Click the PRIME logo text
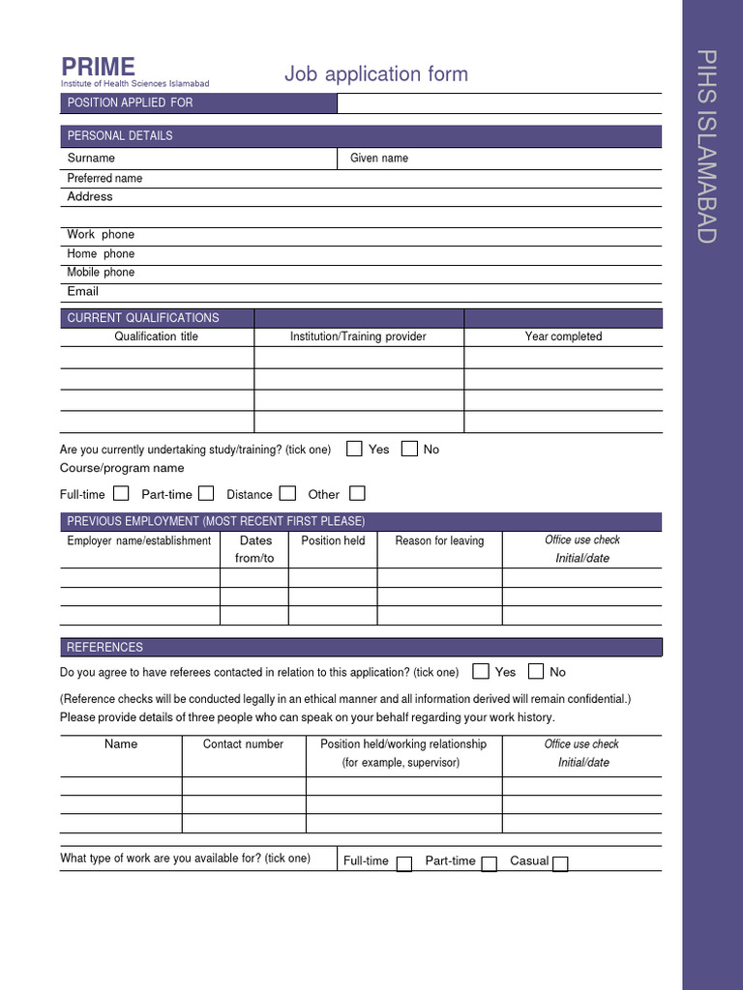tap(98, 67)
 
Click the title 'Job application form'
tap(375, 74)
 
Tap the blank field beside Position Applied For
tap(499, 103)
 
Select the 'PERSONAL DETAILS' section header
tap(120, 136)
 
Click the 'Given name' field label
tap(379, 159)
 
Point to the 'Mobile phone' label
tap(101, 273)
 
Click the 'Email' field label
tap(83, 291)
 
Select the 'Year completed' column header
tap(563, 336)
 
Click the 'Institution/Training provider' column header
tap(358, 336)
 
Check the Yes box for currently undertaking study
tap(354, 449)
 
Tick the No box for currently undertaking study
tap(409, 449)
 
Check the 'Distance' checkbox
tap(287, 493)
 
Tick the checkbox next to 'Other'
tap(357, 493)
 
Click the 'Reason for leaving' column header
tap(439, 540)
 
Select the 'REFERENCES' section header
tap(104, 648)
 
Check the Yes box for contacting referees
tap(481, 671)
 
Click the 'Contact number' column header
tap(243, 744)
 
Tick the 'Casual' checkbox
tap(560, 863)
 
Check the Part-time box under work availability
tap(490, 863)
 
